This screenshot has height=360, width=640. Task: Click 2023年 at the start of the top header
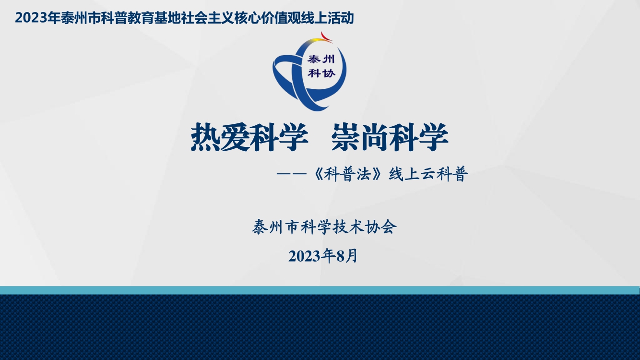click(x=38, y=18)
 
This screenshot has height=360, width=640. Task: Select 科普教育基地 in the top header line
click(x=141, y=18)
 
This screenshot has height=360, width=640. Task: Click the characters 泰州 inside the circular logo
click(x=321, y=60)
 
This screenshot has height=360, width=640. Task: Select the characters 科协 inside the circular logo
click(x=321, y=73)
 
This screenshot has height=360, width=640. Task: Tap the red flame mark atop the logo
click(x=326, y=37)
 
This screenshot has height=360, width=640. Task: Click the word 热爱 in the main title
click(x=220, y=137)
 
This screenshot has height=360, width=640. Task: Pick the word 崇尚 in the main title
click(x=360, y=137)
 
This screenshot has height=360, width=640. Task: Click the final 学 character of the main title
click(x=433, y=137)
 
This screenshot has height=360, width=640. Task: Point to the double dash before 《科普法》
click(x=291, y=174)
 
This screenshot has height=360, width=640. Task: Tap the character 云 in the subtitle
click(x=428, y=174)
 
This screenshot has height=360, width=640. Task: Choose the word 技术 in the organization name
click(x=349, y=227)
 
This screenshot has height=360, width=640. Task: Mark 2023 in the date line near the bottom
click(x=304, y=256)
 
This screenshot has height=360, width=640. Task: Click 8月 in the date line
click(x=347, y=256)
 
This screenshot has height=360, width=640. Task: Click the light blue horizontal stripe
click(x=320, y=290)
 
